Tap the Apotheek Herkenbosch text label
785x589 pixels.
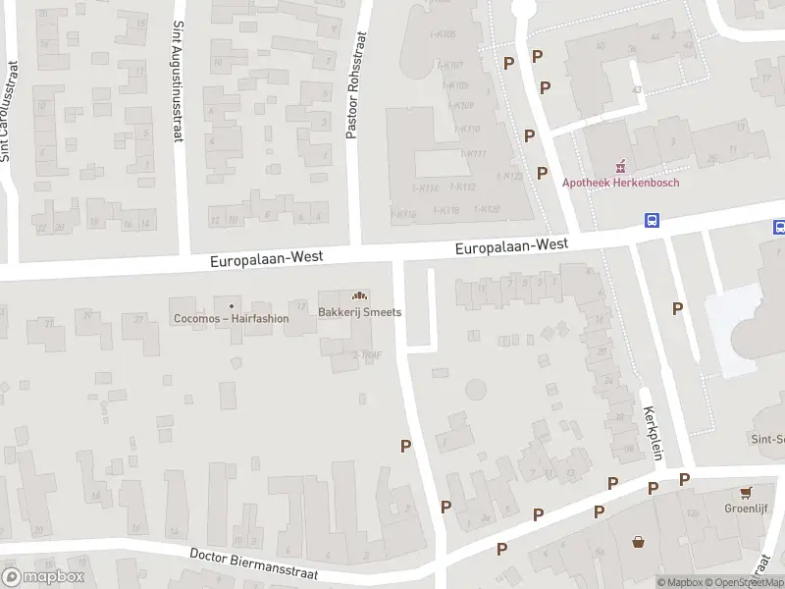click(620, 182)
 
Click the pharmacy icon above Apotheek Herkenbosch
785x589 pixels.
click(620, 166)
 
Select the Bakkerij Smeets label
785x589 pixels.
click(360, 312)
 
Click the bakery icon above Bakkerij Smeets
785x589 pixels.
click(360, 295)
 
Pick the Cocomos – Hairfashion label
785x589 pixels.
click(231, 317)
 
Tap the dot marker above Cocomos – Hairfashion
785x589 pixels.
click(231, 304)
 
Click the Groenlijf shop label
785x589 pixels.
click(747, 509)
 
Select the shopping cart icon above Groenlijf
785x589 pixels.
click(747, 492)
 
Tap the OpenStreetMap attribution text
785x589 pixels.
click(751, 582)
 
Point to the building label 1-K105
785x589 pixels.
click(443, 35)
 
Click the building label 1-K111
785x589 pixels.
click(473, 153)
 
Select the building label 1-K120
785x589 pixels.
click(488, 209)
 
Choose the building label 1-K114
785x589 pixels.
click(425, 187)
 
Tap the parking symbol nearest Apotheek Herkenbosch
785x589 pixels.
click(542, 173)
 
